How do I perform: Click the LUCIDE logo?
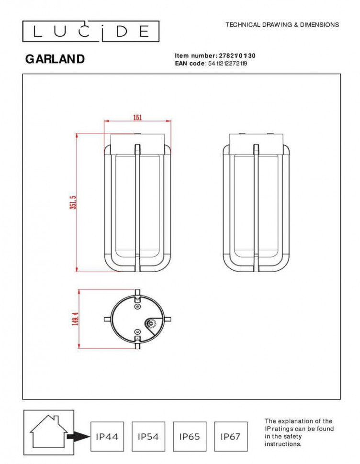point(90,31)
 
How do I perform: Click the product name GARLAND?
point(55,59)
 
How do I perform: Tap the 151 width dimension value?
point(137,118)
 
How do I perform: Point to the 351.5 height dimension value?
point(73,203)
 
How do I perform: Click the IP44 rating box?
point(107,436)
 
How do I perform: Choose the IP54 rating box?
point(148,436)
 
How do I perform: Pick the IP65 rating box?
point(190,436)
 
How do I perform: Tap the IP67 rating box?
point(231,436)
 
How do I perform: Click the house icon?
point(48,431)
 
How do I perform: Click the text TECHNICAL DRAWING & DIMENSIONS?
point(282,25)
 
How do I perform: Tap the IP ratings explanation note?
point(299,432)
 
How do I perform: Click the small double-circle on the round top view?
point(151,324)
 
